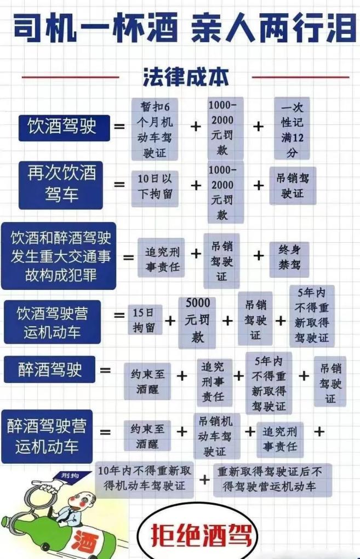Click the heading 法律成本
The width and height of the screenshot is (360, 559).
point(185,76)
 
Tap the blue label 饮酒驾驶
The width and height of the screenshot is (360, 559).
point(62,127)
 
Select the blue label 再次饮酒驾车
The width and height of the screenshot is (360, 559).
point(61,185)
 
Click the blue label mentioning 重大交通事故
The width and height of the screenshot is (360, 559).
point(59,256)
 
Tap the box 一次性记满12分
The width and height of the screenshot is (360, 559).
point(292,129)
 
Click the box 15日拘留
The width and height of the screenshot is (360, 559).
point(145,320)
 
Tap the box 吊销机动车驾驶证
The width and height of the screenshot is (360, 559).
point(215,436)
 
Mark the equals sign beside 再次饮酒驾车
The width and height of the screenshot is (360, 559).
point(119,185)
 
